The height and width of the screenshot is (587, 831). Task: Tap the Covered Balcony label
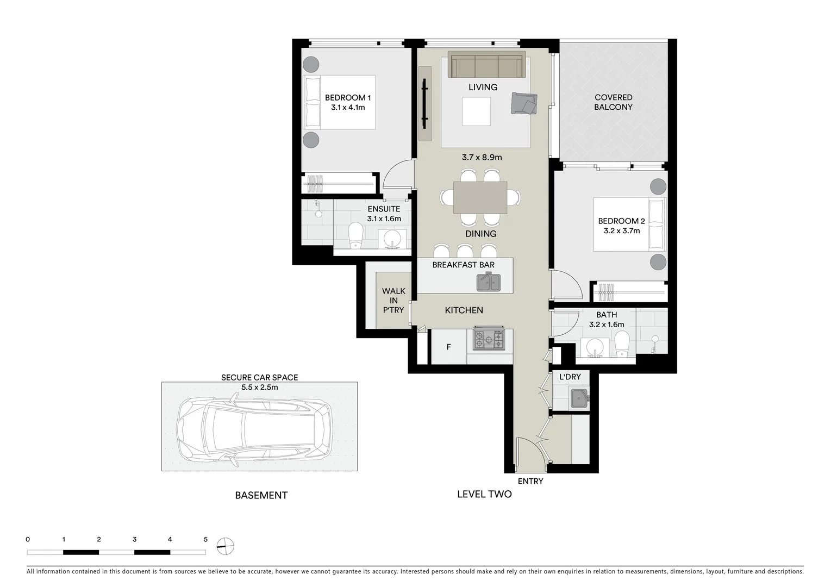613,102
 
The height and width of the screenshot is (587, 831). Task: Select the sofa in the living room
486,66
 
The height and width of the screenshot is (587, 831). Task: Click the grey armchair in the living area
523,103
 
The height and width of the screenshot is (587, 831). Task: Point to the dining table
480,197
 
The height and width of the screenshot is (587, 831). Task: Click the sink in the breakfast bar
489,282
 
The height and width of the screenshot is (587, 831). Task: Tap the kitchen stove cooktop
489,340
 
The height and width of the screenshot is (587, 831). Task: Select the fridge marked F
448,347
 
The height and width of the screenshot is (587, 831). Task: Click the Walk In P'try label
393,301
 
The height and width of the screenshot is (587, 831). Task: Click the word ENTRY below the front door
530,481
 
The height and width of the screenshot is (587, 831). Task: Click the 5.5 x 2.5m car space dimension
259,388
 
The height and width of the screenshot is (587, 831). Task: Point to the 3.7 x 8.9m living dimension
482,158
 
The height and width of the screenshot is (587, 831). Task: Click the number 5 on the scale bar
205,540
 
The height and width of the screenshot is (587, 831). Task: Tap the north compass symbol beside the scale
225,546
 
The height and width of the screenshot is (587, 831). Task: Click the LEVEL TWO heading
484,494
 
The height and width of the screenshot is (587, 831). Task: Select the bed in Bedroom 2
629,224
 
